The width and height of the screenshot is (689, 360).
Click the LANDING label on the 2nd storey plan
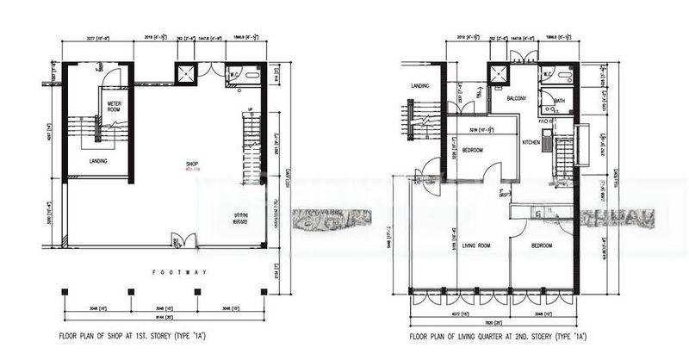click(x=420, y=86)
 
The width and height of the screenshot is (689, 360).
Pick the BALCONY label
click(x=517, y=99)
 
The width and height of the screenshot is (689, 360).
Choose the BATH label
click(x=560, y=101)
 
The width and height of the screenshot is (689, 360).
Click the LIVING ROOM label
click(x=476, y=246)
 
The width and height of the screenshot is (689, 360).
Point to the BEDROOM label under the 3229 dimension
click(x=472, y=150)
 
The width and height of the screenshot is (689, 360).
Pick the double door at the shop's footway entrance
click(x=178, y=238)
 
